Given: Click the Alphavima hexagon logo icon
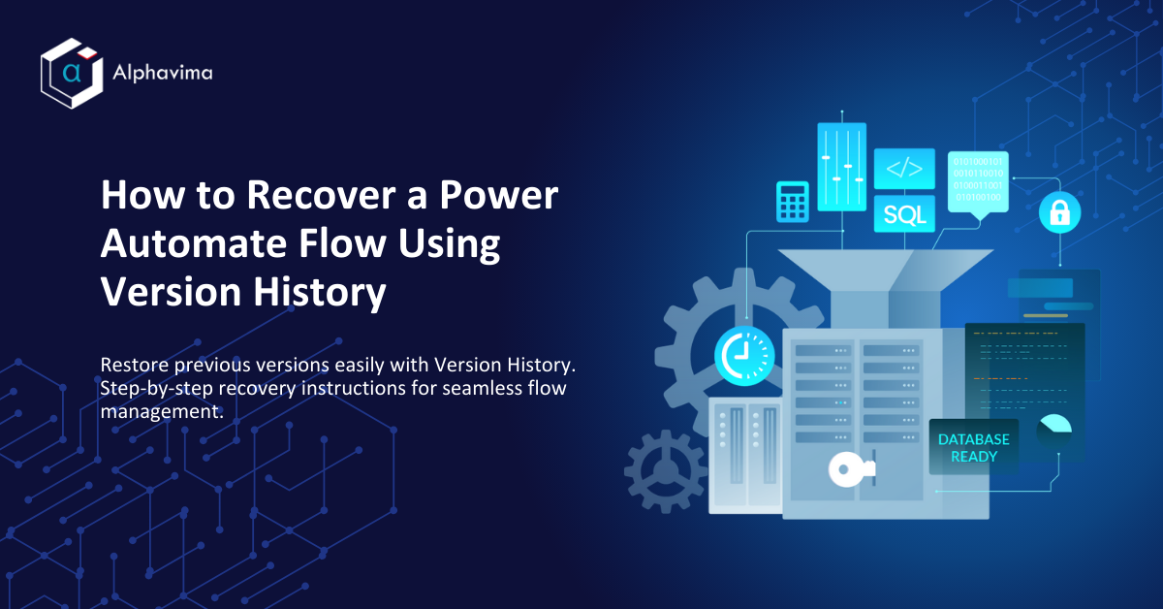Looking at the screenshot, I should point(70,73).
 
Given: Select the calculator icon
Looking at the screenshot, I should point(792,201).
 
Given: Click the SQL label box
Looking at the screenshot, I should point(904,213).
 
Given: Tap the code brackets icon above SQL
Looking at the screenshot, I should point(904,169).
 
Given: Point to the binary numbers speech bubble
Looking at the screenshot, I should point(978,178).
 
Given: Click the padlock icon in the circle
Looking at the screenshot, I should point(1059,212).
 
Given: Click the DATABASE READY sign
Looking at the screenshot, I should point(973,447).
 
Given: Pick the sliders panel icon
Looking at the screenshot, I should point(840,166).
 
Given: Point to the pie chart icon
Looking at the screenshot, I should point(1054,428).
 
